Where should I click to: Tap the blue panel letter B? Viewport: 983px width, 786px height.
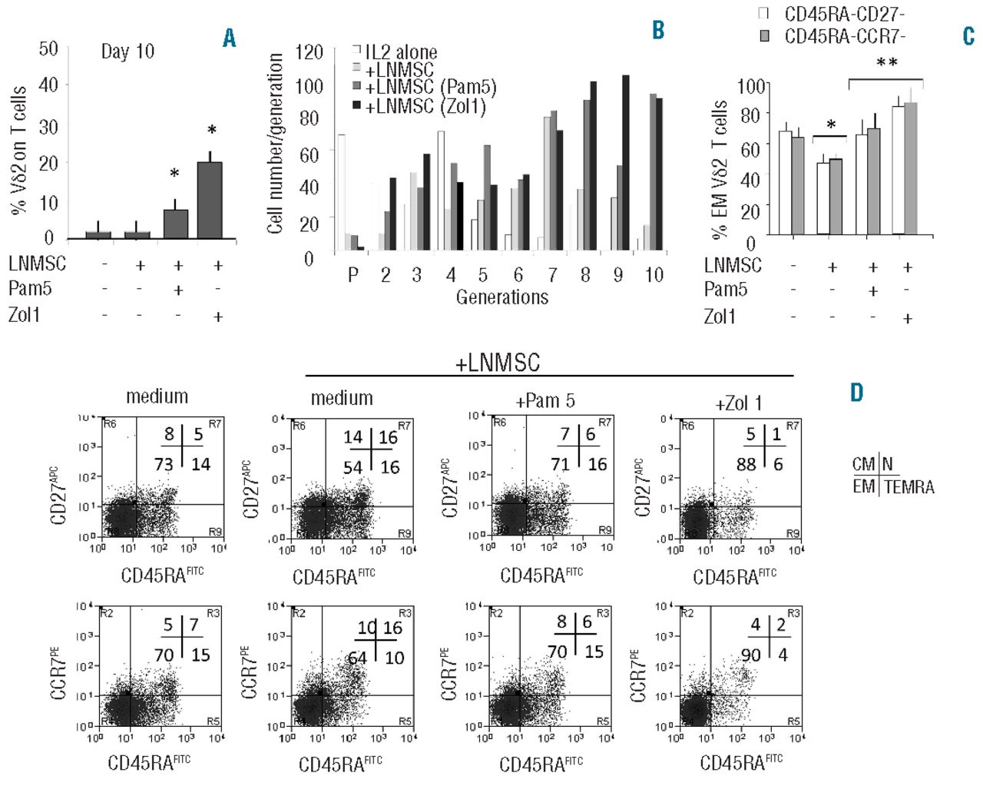coord(657,31)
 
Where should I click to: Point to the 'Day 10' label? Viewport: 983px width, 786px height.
coord(127,52)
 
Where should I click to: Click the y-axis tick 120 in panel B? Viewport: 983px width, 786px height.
coord(309,52)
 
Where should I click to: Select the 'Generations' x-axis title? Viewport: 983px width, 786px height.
coord(502,297)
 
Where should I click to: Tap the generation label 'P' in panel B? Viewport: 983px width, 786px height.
coord(352,275)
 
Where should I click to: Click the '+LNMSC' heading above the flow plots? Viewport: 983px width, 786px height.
coord(498,363)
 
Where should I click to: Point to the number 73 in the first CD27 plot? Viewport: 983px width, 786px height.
coord(163,463)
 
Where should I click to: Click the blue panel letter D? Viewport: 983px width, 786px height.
coord(857,393)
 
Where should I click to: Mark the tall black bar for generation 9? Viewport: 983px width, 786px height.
coord(625,163)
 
